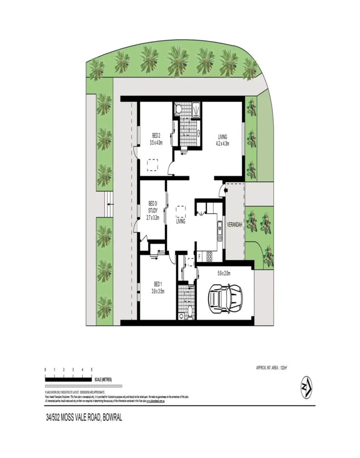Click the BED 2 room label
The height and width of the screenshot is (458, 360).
click(156, 136)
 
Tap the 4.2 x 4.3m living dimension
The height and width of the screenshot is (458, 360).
click(222, 144)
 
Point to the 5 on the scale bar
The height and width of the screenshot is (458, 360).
click(92, 370)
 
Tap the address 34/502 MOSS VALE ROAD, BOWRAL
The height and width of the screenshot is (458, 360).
click(84, 418)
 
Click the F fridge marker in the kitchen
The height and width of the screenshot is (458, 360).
click(200, 256)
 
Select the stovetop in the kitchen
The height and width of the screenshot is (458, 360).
click(209, 256)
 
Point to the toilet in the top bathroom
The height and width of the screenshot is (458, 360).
click(179, 109)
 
